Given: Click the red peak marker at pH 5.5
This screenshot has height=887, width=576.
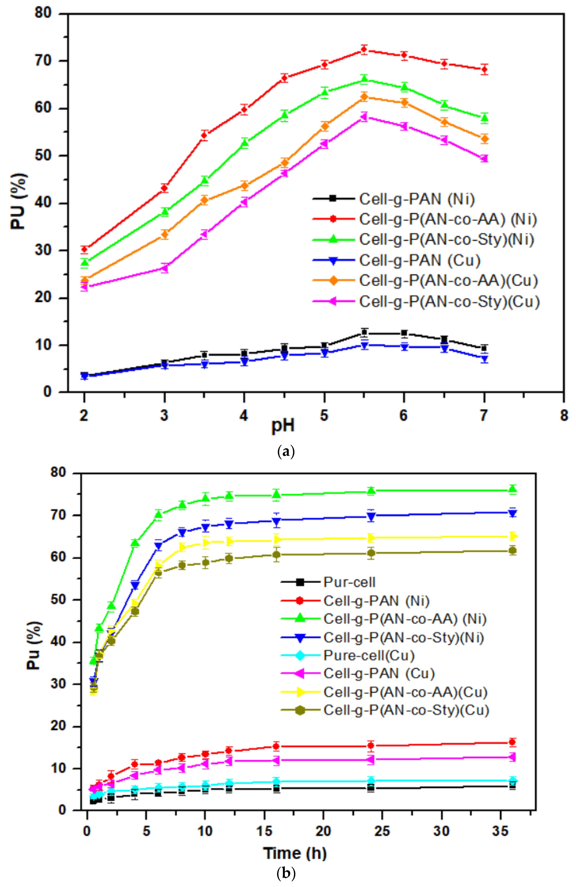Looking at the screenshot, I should pyautogui.click(x=364, y=49).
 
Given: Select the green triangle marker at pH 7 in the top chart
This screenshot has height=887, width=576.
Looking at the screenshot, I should pyautogui.click(x=484, y=118).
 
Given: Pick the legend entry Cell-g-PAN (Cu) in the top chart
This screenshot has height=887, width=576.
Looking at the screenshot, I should pyautogui.click(x=419, y=260).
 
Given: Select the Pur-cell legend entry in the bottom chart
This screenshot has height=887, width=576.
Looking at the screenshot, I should pyautogui.click(x=349, y=582).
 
